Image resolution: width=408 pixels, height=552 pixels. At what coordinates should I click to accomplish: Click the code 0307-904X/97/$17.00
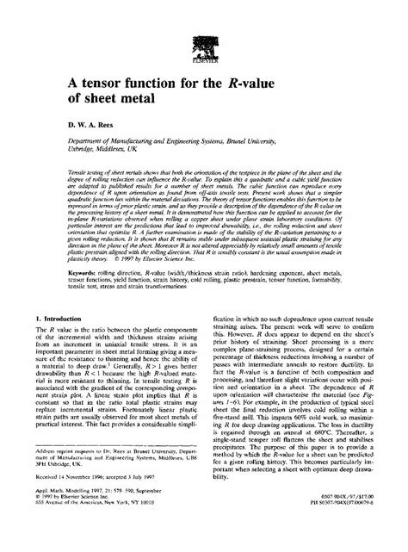pyautogui.click(x=349, y=514)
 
